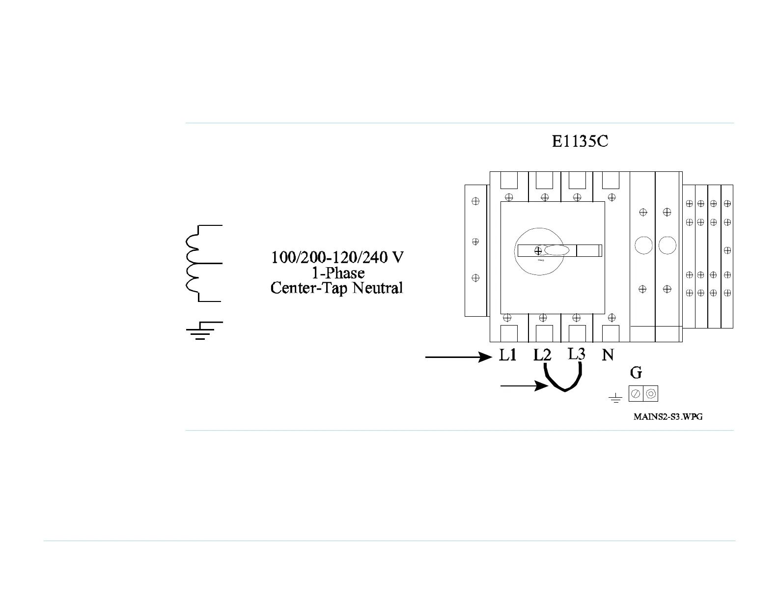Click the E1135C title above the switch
point(580,142)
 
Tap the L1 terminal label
point(508,355)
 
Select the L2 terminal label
point(543,355)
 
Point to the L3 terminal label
point(577,354)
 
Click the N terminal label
point(608,355)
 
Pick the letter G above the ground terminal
point(636,373)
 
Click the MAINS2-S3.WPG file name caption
point(668,417)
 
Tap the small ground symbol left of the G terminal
point(615,398)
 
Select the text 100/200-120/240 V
point(337,257)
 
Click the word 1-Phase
point(338,273)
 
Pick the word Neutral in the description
point(378,288)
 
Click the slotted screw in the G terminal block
point(636,394)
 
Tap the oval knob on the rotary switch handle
point(556,250)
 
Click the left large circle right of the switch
point(643,245)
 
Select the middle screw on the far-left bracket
point(475,242)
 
